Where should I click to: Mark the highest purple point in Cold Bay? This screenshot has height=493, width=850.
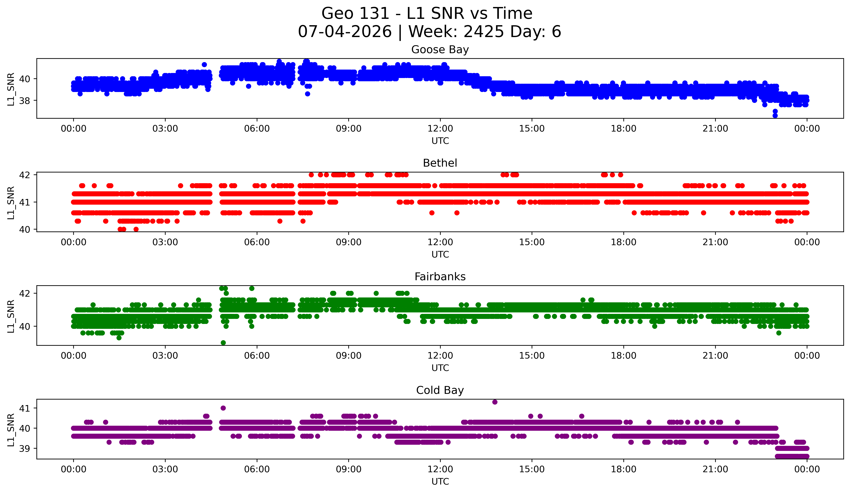[495, 402]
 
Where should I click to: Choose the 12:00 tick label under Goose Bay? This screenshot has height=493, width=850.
[440, 129]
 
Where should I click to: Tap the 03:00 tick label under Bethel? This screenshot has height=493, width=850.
[165, 242]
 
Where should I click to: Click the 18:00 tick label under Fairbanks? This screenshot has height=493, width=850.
[624, 356]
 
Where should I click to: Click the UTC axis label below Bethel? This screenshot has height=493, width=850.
[440, 254]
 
